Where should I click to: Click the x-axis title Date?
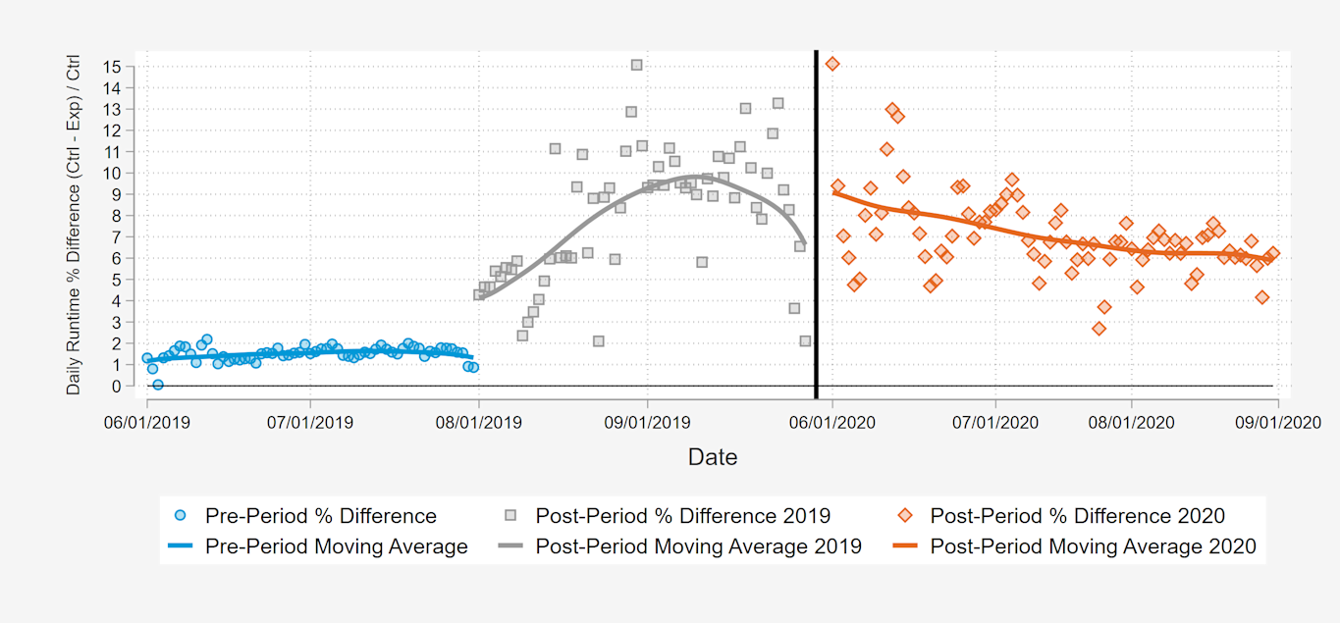tap(712, 457)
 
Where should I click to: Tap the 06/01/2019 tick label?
tap(147, 423)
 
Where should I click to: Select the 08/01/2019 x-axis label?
tap(479, 423)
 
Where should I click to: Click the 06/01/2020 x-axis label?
tap(832, 423)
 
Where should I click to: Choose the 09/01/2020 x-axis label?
tap(1277, 423)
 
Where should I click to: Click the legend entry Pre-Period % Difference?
tap(320, 516)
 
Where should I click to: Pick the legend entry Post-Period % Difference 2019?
tap(682, 516)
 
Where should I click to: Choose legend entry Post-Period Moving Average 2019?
tap(698, 546)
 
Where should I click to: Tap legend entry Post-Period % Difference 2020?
tap(1077, 516)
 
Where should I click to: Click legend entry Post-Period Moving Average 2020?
tap(1093, 546)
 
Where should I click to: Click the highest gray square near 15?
tap(636, 65)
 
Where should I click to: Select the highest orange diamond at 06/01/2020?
tap(832, 64)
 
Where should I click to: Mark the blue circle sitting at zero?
tap(157, 385)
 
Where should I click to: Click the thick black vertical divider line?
tap(816, 226)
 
